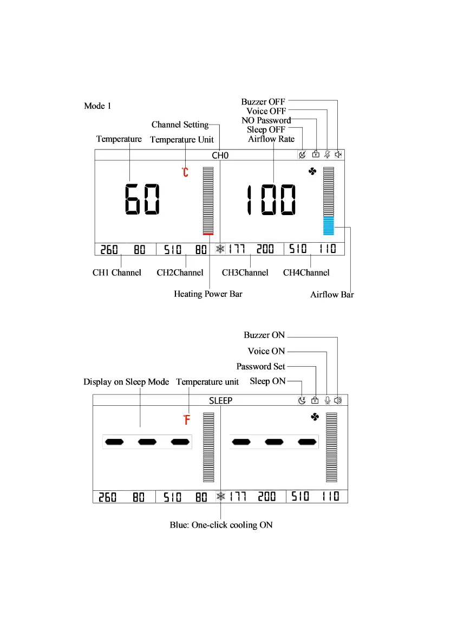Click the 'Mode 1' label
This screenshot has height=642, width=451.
pos(97,106)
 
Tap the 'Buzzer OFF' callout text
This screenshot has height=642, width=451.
pos(263,101)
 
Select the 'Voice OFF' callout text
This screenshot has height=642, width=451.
pos(266,111)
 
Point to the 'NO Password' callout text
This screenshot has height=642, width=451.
pos(266,120)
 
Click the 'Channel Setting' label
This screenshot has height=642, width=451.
pos(180,125)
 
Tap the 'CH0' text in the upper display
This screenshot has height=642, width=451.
pos(220,155)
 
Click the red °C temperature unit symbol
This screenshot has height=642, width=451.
pos(185,173)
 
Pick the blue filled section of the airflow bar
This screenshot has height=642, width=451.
pos(329,226)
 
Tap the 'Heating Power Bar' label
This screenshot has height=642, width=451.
pos(208,294)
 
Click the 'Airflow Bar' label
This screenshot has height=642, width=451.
pos(332,295)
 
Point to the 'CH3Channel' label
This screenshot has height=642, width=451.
pos(245,273)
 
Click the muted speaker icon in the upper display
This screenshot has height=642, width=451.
pos(338,155)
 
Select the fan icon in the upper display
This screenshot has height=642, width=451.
pos(312,171)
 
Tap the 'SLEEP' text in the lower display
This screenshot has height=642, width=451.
pos(220,401)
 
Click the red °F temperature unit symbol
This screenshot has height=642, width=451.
pos(186,419)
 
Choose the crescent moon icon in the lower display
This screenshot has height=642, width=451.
pos(302,400)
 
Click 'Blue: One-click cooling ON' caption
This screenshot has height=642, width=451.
pos(221,525)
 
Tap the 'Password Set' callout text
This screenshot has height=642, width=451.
pos(260,366)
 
